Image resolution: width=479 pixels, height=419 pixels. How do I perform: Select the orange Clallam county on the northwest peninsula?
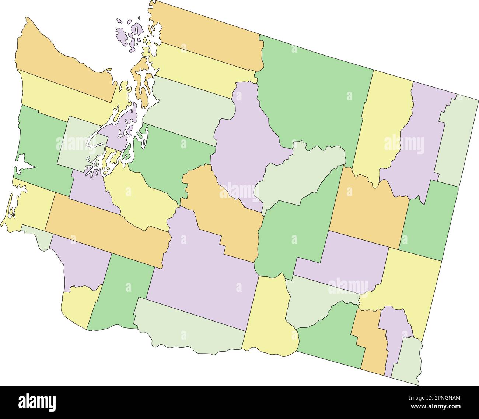tap(63, 66)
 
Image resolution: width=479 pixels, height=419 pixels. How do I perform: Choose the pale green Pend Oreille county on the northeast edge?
tap(457, 140)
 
